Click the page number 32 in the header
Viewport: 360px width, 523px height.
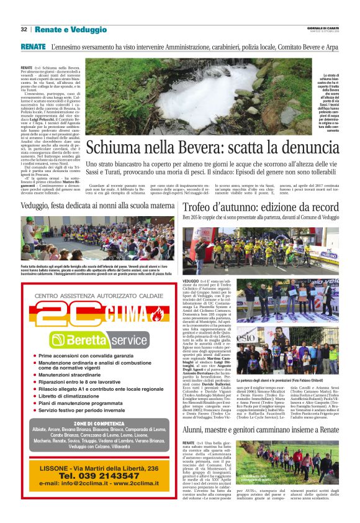(24, 29)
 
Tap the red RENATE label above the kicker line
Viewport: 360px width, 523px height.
(33, 47)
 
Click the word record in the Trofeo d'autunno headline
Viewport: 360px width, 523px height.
(323, 206)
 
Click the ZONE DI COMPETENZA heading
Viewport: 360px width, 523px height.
(89, 422)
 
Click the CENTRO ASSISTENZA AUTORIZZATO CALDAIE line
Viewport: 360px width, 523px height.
(89, 296)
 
